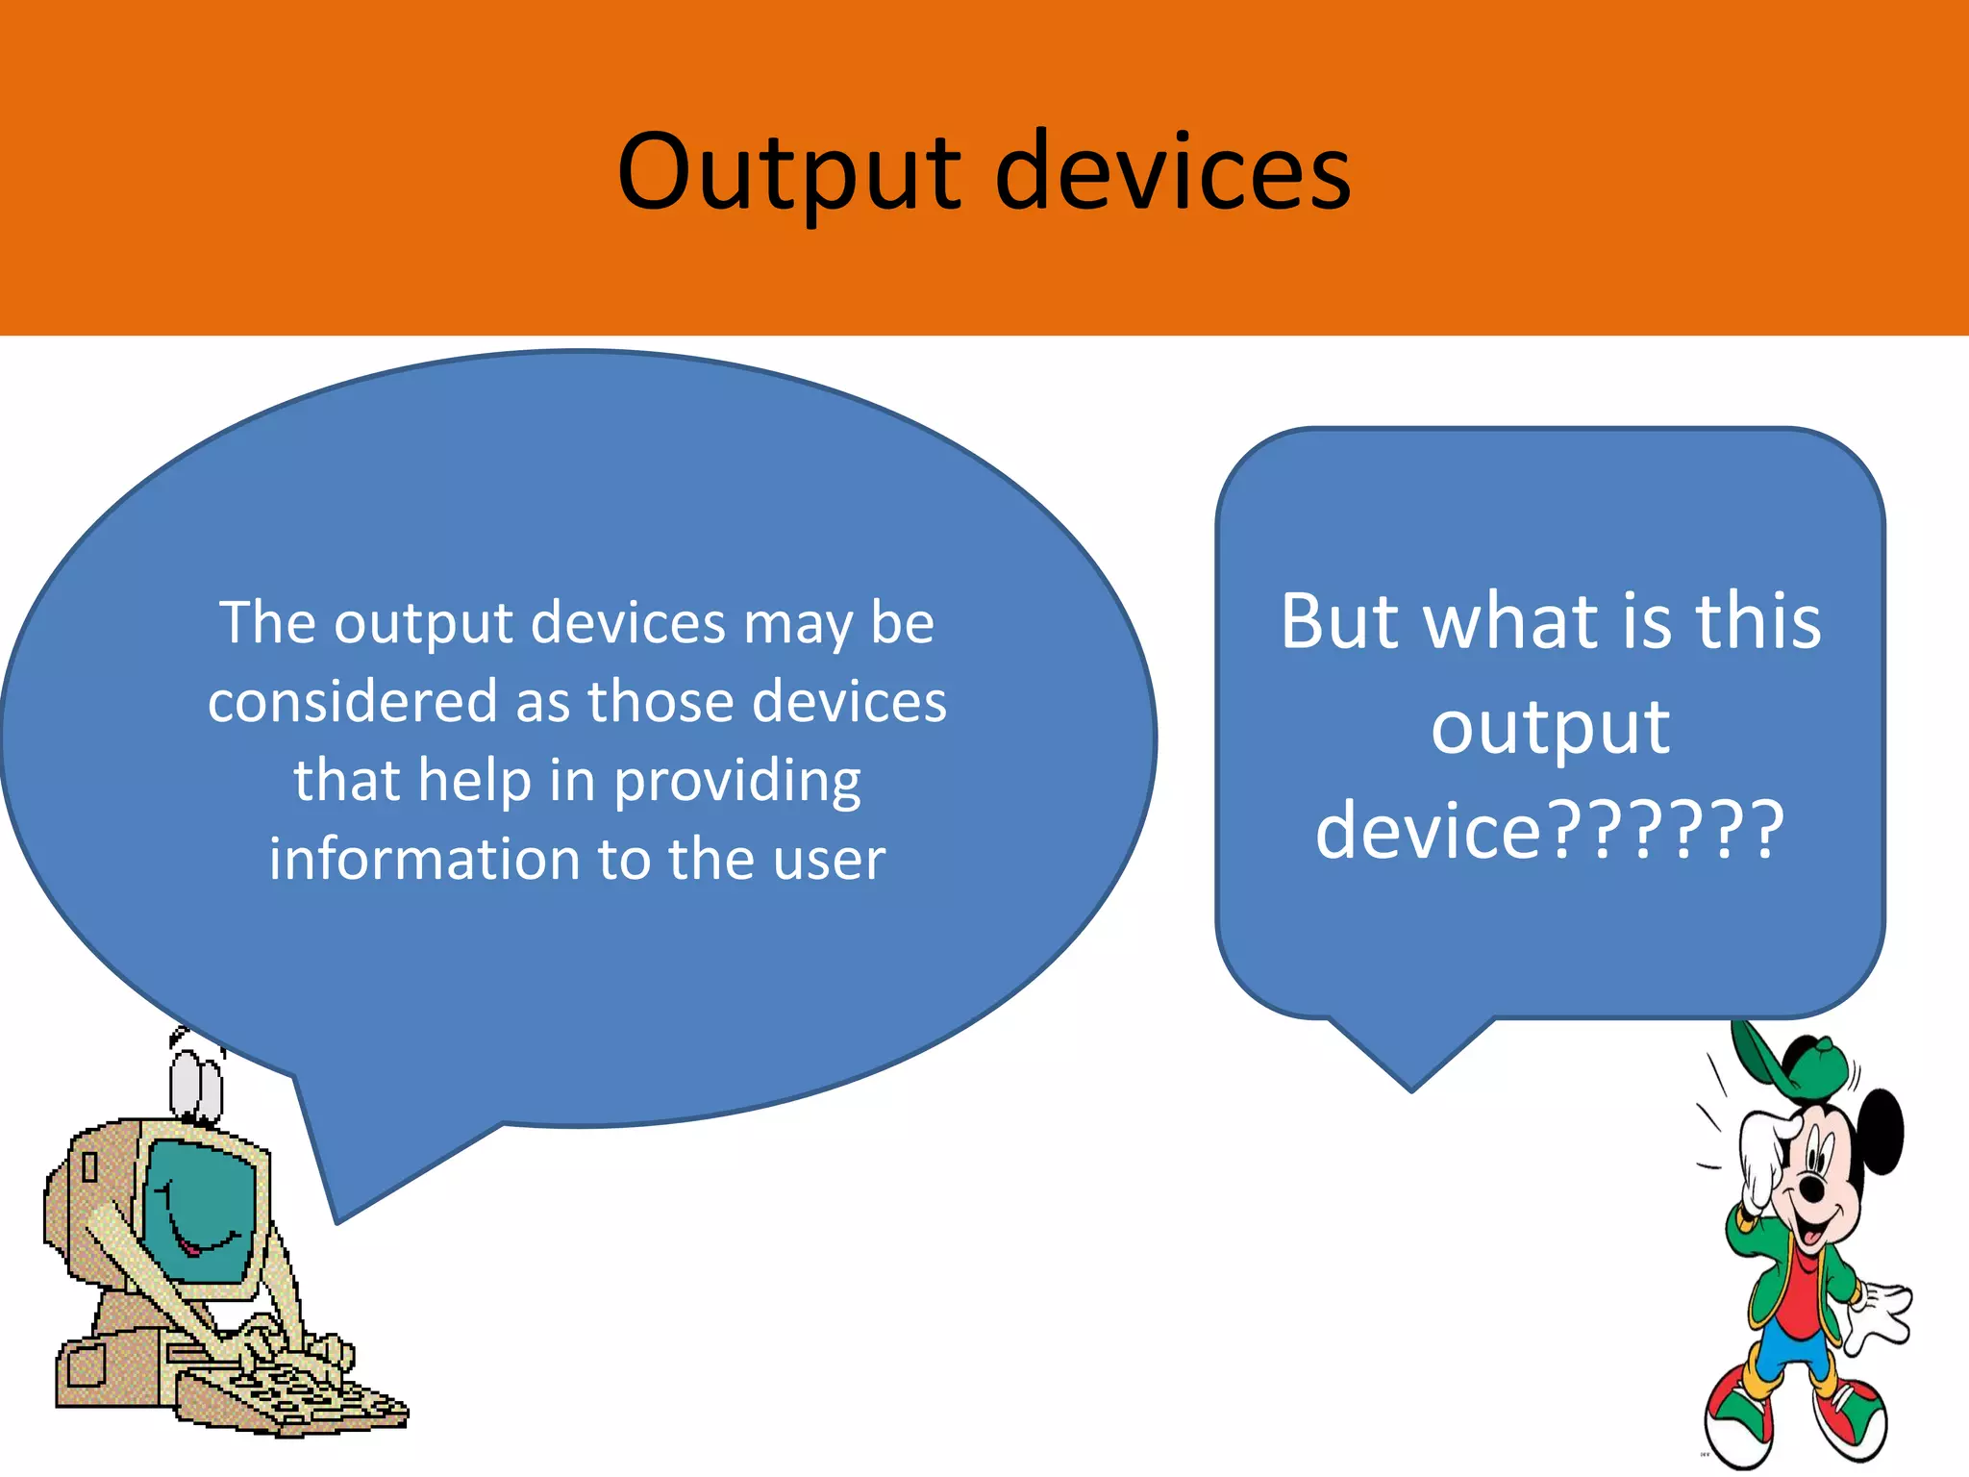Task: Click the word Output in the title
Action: click(788, 173)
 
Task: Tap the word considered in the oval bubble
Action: click(352, 701)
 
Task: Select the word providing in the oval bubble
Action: click(737, 781)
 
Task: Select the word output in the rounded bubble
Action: click(1550, 727)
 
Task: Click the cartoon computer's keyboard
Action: click(288, 1394)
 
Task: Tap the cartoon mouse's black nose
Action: click(1812, 1190)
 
